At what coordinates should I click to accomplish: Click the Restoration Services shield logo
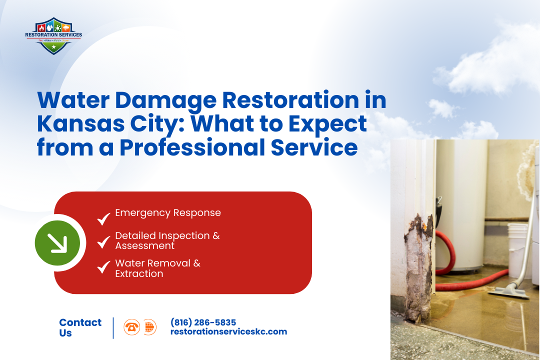53,35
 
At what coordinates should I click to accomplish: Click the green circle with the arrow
57,243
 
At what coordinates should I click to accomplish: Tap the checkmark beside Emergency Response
104,218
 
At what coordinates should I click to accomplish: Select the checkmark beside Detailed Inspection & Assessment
104,242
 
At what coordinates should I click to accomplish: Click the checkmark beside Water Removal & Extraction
104,267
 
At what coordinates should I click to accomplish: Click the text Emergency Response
168,213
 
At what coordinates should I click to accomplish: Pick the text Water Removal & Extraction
157,268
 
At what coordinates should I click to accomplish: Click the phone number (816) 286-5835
203,322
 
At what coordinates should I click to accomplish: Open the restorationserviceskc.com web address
228,331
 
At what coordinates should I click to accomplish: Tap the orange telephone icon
132,327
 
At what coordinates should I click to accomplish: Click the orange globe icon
149,327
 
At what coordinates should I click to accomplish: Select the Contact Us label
80,327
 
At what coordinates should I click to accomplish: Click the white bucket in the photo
517,245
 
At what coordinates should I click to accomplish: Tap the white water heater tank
460,210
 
